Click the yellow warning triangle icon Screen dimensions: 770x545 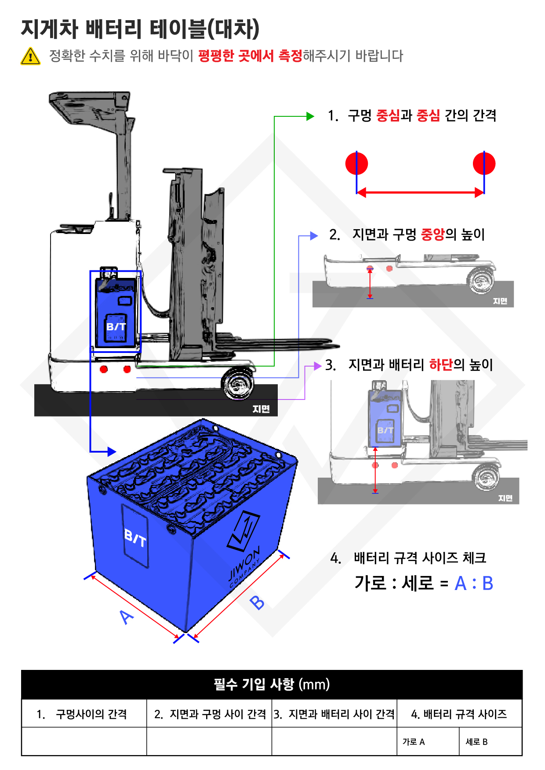(x=30, y=56)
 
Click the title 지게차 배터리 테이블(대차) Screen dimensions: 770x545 (x=140, y=29)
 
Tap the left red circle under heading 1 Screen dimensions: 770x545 (x=356, y=163)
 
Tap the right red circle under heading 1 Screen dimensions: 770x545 (x=484, y=163)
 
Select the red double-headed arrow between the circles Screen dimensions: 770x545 (x=420, y=192)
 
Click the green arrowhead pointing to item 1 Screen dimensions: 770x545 (x=310, y=116)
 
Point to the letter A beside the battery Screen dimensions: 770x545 (x=127, y=617)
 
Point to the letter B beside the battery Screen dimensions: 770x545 (x=257, y=602)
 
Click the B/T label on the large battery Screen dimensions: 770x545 (x=135, y=538)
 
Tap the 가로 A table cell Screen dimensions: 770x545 (x=428, y=741)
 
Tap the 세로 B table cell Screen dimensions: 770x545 (x=490, y=741)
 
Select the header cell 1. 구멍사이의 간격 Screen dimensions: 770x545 (x=84, y=714)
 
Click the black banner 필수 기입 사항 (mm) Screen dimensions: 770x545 (x=272, y=684)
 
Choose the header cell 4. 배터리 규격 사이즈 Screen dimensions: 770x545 (x=459, y=714)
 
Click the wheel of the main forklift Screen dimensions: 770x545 (x=237, y=385)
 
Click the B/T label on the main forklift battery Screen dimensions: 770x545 (x=116, y=327)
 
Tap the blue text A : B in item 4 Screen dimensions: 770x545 (x=473, y=583)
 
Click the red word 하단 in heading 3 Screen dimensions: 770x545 (x=441, y=364)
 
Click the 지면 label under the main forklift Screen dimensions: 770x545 (x=261, y=409)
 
